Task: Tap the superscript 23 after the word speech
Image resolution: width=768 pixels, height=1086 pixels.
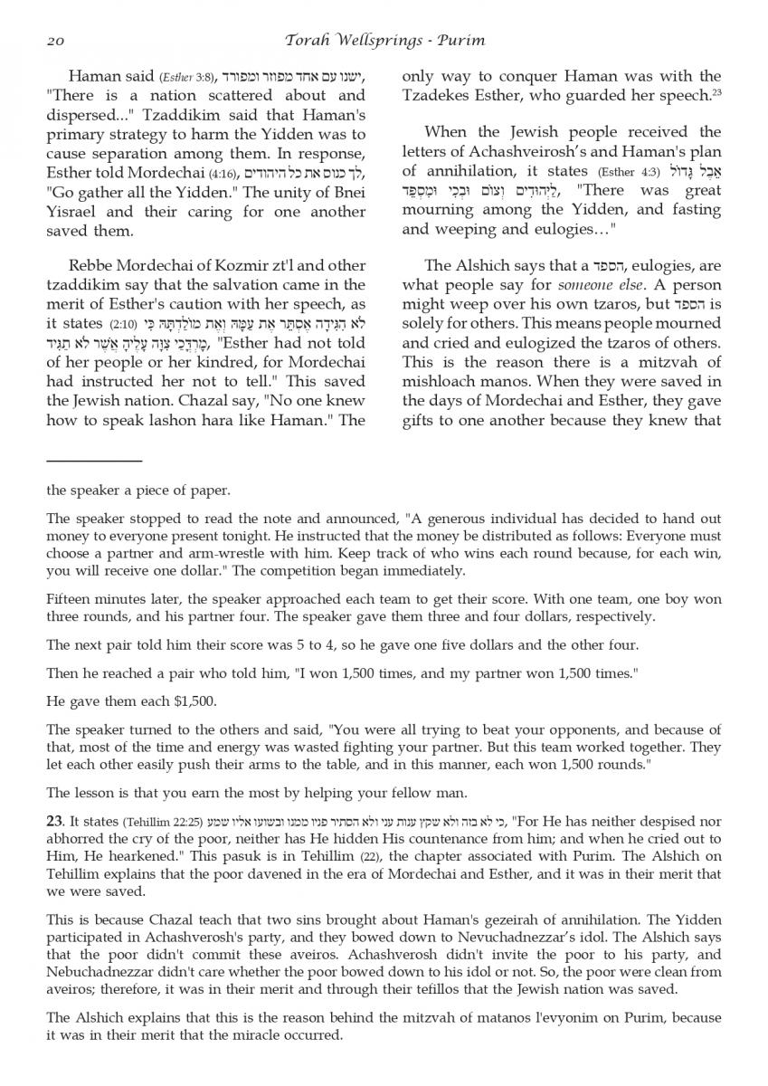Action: click(x=716, y=92)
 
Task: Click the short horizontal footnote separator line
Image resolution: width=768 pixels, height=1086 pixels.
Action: click(x=94, y=461)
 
